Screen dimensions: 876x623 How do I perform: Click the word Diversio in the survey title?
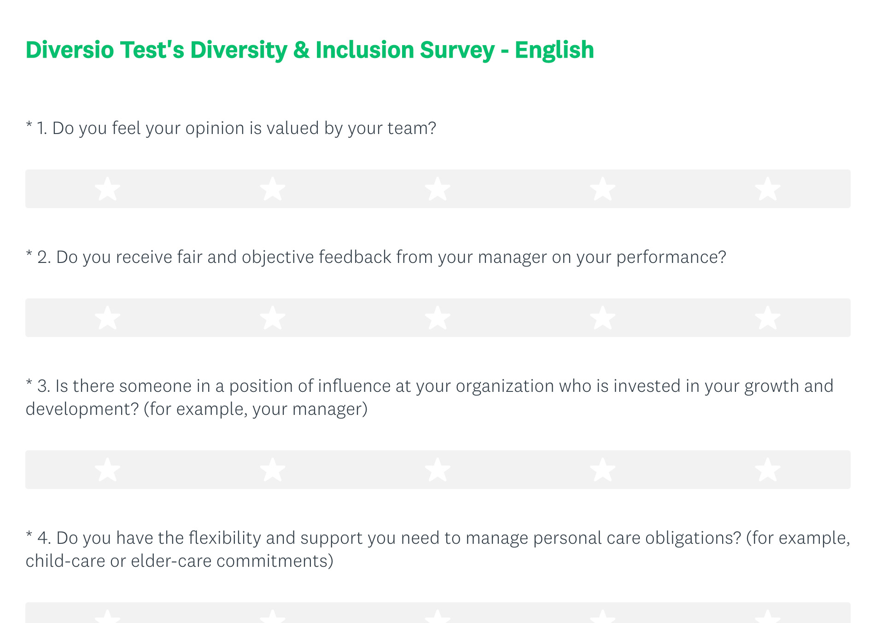tap(70, 50)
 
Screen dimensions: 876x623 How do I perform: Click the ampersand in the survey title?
tap(301, 50)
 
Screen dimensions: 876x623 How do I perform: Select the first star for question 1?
tap(108, 189)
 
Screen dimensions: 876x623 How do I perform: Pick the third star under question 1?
tap(438, 189)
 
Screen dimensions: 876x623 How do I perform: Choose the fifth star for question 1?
tap(768, 189)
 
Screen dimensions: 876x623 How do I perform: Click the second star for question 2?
tap(273, 318)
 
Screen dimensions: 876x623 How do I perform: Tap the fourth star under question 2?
tap(603, 318)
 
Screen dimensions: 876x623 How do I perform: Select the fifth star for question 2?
tap(768, 318)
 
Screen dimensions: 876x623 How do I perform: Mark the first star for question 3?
tap(108, 470)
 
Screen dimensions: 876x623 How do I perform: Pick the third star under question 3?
tap(438, 470)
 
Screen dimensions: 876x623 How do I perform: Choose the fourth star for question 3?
tap(603, 470)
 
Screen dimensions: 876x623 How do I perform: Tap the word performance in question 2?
tap(671, 258)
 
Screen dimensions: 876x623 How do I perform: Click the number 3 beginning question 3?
tap(42, 386)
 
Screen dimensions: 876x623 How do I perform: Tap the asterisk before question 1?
tap(29, 124)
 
